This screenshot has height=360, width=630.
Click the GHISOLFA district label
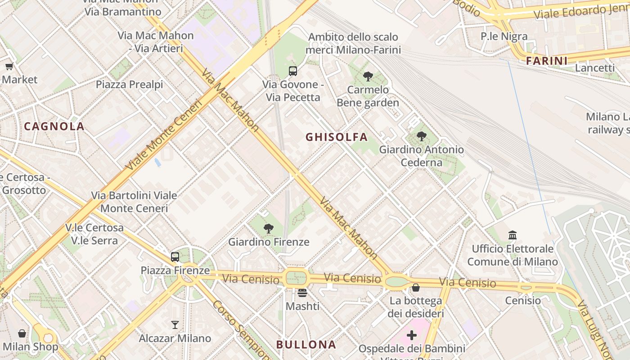pyautogui.click(x=337, y=137)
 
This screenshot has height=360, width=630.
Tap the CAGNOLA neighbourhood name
pyautogui.click(x=54, y=126)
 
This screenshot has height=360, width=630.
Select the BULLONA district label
pyautogui.click(x=306, y=345)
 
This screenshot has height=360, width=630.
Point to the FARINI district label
pyautogui.click(x=546, y=61)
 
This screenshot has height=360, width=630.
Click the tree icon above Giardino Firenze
pyautogui.click(x=269, y=229)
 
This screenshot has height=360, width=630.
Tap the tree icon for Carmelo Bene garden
pyautogui.click(x=368, y=76)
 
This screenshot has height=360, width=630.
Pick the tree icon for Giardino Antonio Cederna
pyautogui.click(x=421, y=136)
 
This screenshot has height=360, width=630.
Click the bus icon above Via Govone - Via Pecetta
pyautogui.click(x=293, y=71)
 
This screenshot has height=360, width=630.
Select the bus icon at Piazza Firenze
pyautogui.click(x=175, y=257)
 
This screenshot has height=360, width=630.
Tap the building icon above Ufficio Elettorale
pyautogui.click(x=512, y=235)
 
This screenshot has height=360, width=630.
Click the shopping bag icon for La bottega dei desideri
pyautogui.click(x=416, y=288)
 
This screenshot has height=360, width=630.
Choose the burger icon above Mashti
pyautogui.click(x=302, y=293)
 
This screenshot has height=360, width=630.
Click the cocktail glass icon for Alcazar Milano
pyautogui.click(x=175, y=324)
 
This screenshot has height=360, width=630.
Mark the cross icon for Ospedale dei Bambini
pyautogui.click(x=412, y=335)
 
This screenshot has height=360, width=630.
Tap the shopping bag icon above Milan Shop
pyautogui.click(x=22, y=333)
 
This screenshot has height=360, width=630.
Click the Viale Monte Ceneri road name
pyautogui.click(x=165, y=135)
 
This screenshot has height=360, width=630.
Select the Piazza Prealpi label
pyautogui.click(x=129, y=85)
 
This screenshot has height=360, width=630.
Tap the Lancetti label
pyautogui.click(x=595, y=68)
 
